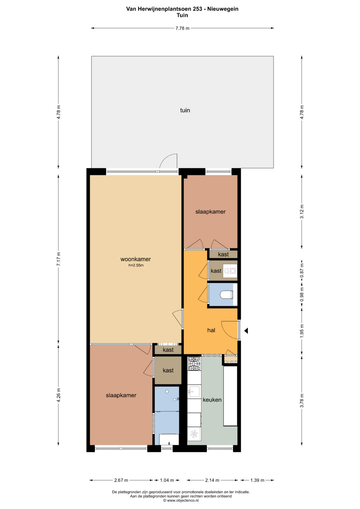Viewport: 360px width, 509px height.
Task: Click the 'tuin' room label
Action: click(185, 110)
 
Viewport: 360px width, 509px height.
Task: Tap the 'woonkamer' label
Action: click(135, 259)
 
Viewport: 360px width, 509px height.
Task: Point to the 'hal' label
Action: click(211, 330)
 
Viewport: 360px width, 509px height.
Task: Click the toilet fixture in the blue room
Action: click(226, 295)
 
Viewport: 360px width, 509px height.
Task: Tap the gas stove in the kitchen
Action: click(194, 364)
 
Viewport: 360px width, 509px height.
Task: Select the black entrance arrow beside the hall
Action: click(246, 331)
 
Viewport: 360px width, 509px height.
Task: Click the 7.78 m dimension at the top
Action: click(182, 28)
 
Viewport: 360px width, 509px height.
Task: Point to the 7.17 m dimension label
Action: click(59, 259)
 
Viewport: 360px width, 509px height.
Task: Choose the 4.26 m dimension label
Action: click(59, 395)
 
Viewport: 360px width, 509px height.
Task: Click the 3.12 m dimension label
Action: click(302, 212)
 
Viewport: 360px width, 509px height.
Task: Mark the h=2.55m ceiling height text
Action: click(136, 265)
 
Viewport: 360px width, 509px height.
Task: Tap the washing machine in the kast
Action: click(230, 271)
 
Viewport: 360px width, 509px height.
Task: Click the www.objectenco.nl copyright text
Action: click(181, 500)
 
